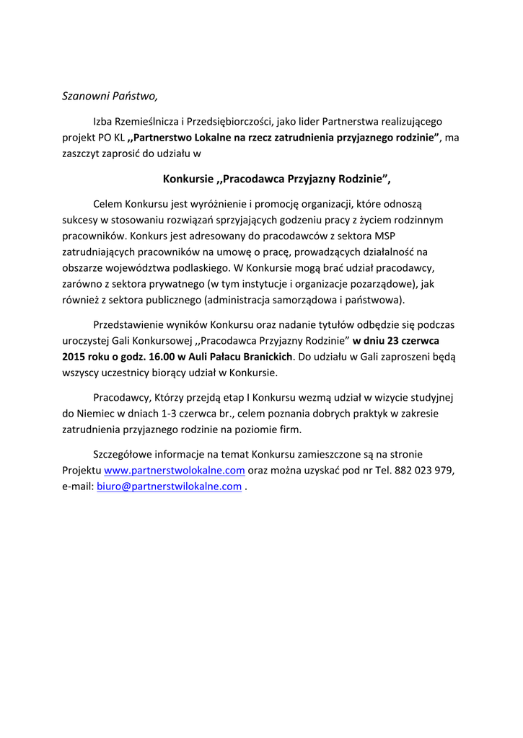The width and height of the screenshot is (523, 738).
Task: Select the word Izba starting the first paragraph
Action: (x=103, y=121)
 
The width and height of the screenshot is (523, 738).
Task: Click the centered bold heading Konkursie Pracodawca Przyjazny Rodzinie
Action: (x=277, y=179)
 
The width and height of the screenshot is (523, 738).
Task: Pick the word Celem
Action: (x=108, y=204)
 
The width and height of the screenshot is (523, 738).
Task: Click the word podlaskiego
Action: (x=195, y=267)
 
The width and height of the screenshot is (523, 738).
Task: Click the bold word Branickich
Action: (x=266, y=357)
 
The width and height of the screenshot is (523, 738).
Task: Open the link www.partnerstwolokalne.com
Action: (x=175, y=471)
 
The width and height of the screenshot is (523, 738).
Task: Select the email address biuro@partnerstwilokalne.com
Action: (x=169, y=486)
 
